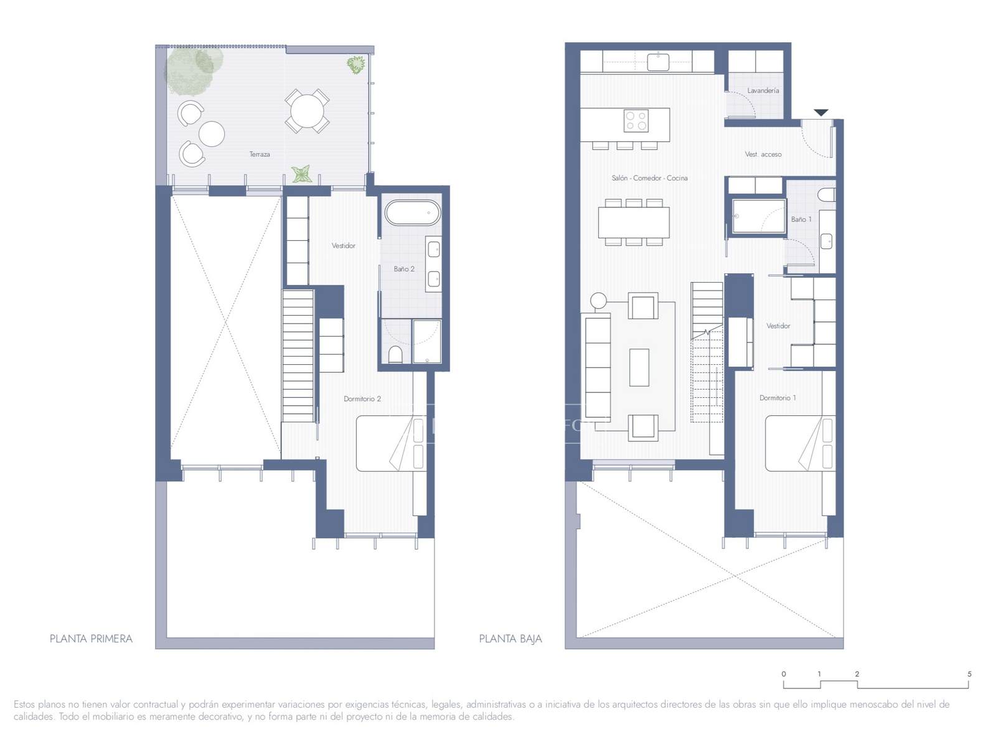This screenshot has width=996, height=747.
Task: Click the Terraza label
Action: [x=260, y=154]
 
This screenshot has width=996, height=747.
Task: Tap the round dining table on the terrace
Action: [x=307, y=111]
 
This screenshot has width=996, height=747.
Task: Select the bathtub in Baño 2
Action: [x=413, y=213]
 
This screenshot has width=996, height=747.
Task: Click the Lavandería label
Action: [x=763, y=91]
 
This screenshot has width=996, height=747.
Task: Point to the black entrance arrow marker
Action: [x=820, y=113]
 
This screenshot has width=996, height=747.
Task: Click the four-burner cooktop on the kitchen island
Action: [x=636, y=121]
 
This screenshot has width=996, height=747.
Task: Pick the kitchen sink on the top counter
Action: [x=658, y=62]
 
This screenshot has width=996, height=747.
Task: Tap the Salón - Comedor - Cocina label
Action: [x=649, y=178]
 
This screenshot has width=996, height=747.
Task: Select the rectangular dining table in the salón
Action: [x=634, y=222]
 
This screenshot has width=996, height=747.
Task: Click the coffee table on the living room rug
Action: [x=639, y=367]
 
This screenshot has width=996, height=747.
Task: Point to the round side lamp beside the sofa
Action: [x=598, y=300]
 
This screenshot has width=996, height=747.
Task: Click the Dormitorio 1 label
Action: [x=778, y=398]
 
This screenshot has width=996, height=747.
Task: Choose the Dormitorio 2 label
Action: [x=362, y=398]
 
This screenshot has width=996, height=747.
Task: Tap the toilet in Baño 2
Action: [x=395, y=355]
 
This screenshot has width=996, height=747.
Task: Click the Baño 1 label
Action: [x=801, y=220]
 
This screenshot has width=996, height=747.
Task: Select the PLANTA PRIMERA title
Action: [x=92, y=639]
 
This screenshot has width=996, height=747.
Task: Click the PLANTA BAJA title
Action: [x=510, y=639]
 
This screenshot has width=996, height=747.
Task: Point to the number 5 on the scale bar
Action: [x=969, y=674]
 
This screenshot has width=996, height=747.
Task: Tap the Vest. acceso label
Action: [x=763, y=154]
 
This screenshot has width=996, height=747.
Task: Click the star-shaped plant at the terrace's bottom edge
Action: [x=301, y=174]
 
